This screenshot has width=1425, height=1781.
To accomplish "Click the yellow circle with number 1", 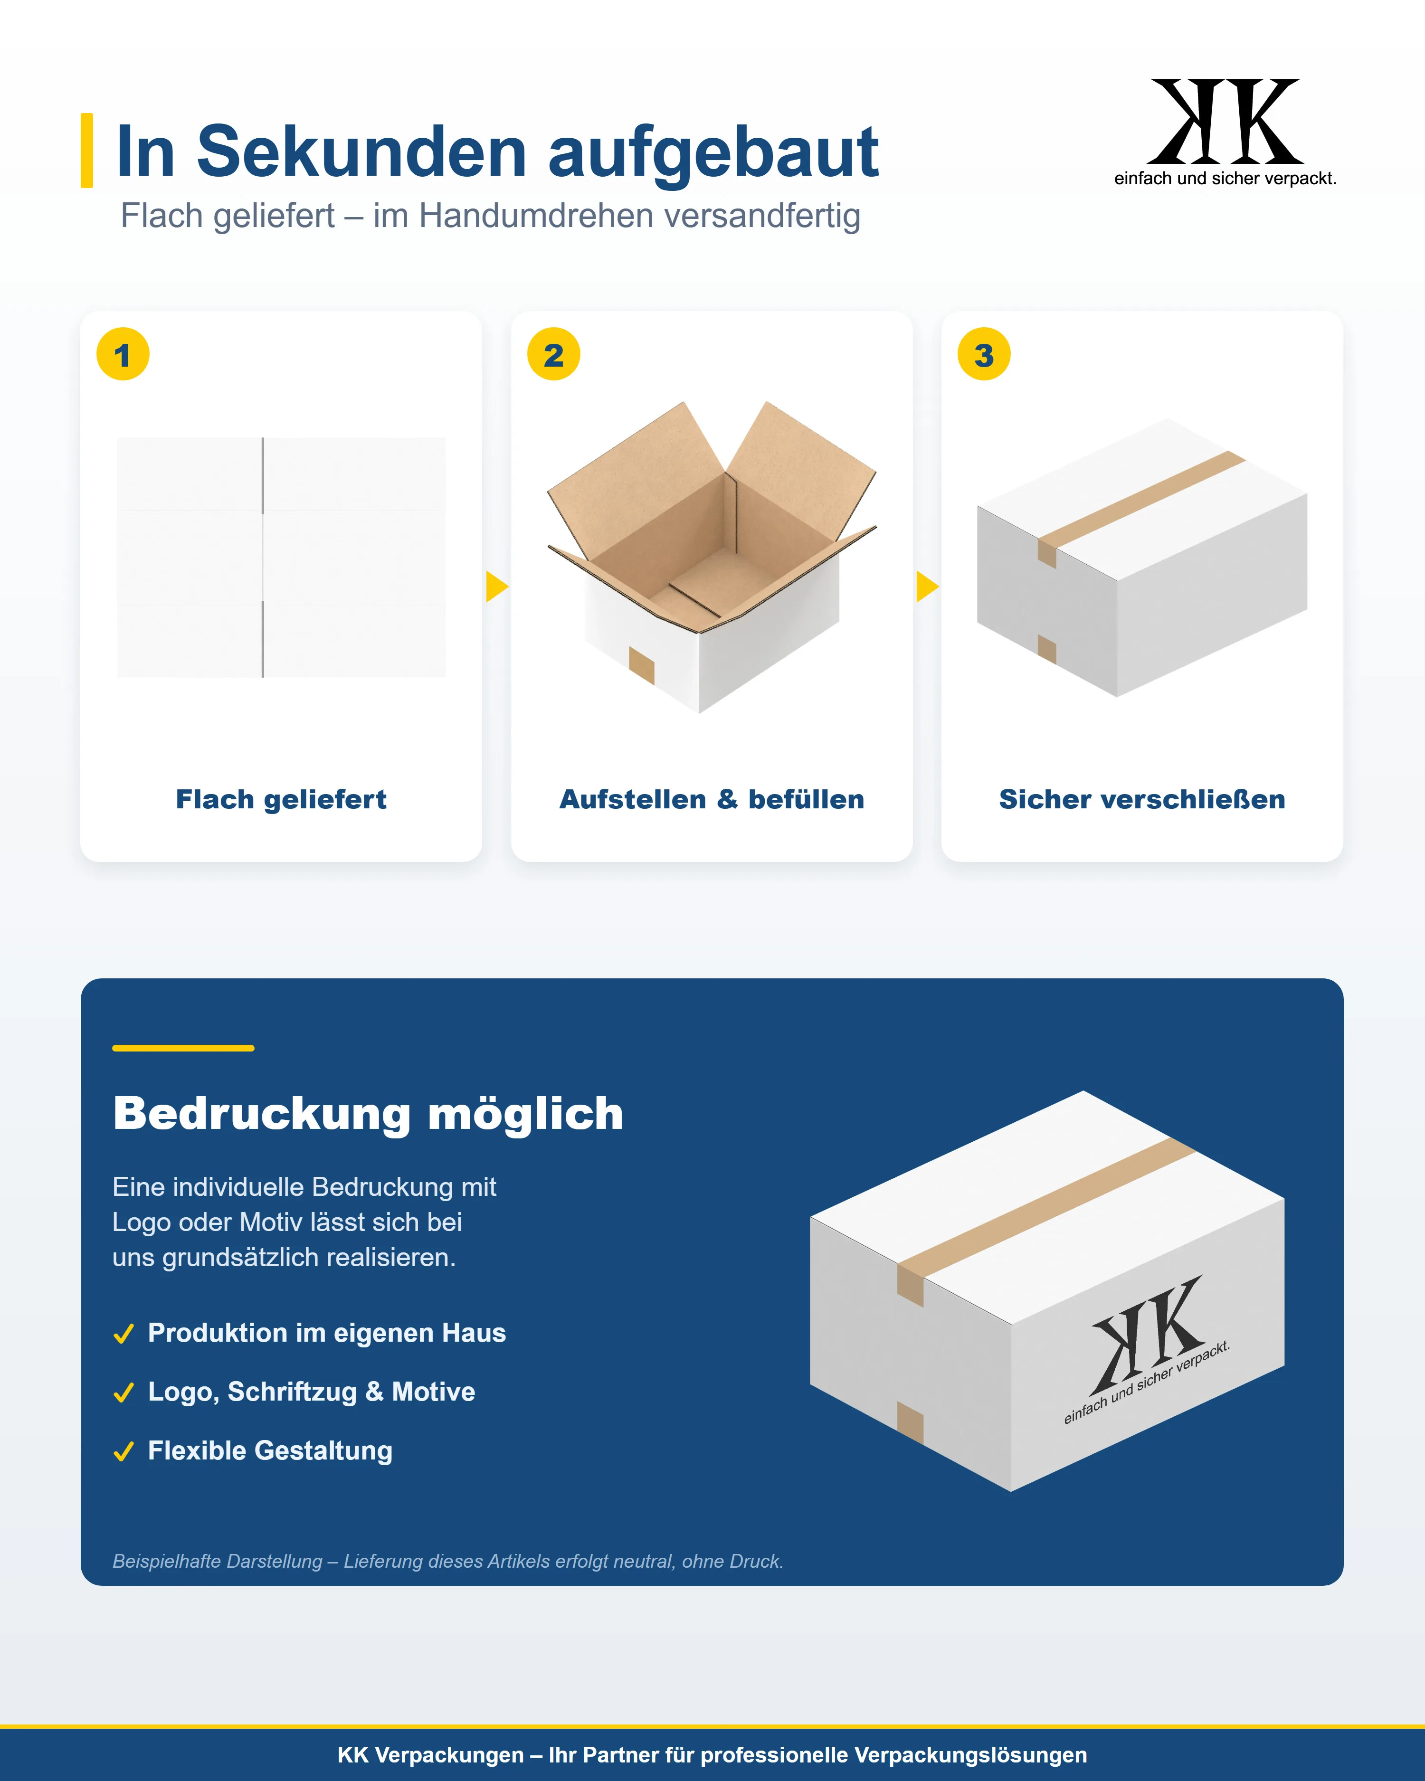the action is point(123,354).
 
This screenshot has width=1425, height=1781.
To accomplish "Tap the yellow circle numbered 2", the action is point(553,354).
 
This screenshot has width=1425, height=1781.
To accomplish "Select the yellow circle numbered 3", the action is point(984,354).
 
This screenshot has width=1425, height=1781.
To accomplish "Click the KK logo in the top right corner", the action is point(1225,132).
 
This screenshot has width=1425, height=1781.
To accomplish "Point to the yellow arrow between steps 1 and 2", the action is point(496,587).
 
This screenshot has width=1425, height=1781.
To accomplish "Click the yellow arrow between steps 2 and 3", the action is point(927,587).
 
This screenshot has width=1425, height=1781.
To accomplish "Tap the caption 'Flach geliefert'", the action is point(281,800).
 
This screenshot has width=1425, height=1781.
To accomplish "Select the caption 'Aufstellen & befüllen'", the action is point(712,800).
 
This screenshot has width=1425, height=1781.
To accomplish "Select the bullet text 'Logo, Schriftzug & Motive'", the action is point(312,1392).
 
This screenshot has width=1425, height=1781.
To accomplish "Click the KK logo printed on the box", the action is point(1147,1346).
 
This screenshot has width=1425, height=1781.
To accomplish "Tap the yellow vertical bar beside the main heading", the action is point(87,151).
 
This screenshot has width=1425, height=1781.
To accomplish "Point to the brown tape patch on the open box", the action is point(642,665).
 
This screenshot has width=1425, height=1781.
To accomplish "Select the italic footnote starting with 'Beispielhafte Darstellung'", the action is point(448,1561).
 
